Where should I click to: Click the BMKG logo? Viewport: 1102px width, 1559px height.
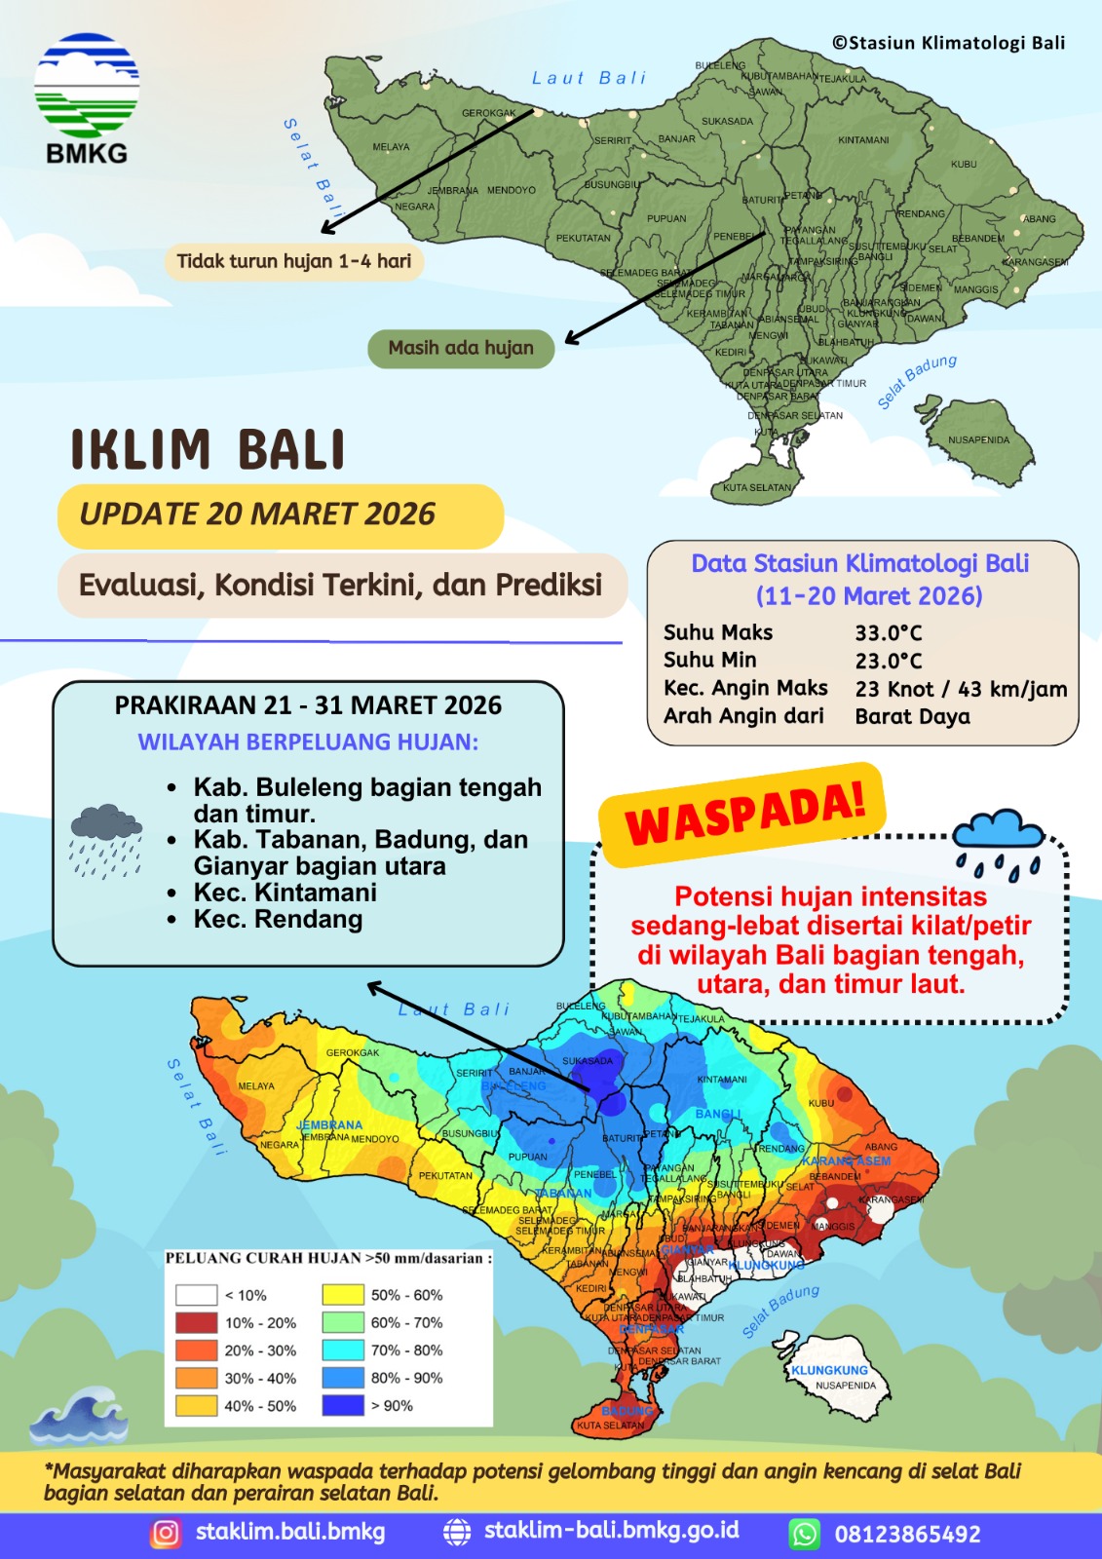(x=87, y=97)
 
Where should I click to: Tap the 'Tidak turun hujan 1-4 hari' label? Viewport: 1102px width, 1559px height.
(x=293, y=261)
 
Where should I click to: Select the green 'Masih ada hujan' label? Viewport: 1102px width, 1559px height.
(x=461, y=348)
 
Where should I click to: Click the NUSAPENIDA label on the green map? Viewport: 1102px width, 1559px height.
(x=978, y=440)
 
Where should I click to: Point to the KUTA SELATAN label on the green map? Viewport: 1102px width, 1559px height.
(x=757, y=487)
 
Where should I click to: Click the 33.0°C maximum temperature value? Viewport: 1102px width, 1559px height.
(x=889, y=632)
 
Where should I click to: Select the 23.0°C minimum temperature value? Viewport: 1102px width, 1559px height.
(x=889, y=661)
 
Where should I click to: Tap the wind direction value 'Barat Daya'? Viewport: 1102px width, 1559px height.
(x=912, y=717)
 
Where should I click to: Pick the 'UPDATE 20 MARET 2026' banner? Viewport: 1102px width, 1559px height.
(x=257, y=514)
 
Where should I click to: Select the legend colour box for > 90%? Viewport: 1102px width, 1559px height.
(x=342, y=1405)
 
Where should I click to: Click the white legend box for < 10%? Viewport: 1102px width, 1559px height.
(x=196, y=1295)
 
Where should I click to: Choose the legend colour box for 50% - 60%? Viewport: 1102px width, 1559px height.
(x=342, y=1295)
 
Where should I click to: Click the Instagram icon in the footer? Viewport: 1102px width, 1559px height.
(x=166, y=1534)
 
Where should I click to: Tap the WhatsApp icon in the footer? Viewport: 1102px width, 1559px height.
(x=805, y=1534)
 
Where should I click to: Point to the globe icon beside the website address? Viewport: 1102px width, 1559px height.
(x=456, y=1532)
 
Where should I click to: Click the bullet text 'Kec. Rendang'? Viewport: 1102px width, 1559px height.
(x=278, y=919)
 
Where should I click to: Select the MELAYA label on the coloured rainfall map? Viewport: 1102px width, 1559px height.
(x=256, y=1085)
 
